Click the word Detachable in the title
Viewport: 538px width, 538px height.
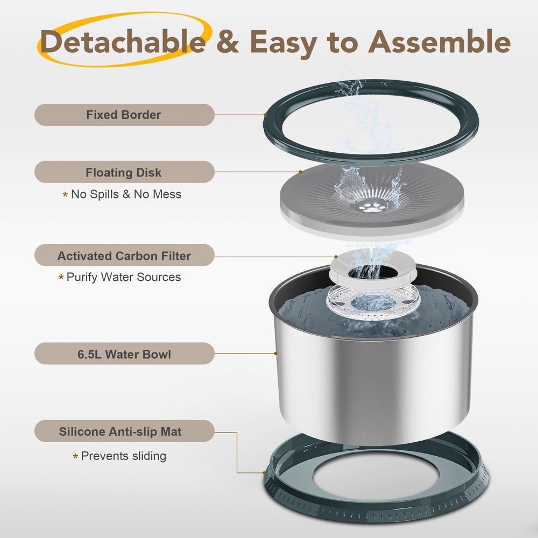click(x=123, y=41)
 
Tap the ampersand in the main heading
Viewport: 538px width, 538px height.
click(x=228, y=41)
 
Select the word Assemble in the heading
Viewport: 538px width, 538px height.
click(x=439, y=41)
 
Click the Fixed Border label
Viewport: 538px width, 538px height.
click(x=124, y=115)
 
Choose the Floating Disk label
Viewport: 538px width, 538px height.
click(x=124, y=172)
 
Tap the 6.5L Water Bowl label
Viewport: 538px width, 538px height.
click(x=124, y=353)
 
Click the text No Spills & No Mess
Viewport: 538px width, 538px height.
click(x=126, y=194)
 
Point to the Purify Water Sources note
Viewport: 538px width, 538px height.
click(x=124, y=277)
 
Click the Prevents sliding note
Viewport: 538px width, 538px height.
click(x=124, y=456)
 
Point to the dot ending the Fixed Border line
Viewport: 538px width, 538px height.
click(x=266, y=115)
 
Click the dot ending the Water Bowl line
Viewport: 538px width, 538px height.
click(x=275, y=353)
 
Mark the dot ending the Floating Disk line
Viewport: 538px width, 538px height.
click(x=301, y=172)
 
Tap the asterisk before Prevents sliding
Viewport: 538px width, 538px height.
click(x=75, y=456)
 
